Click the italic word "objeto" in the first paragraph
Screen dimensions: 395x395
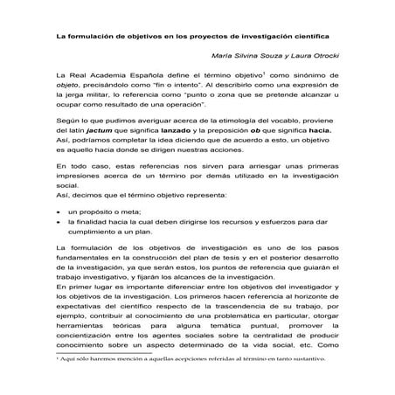[69, 88]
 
